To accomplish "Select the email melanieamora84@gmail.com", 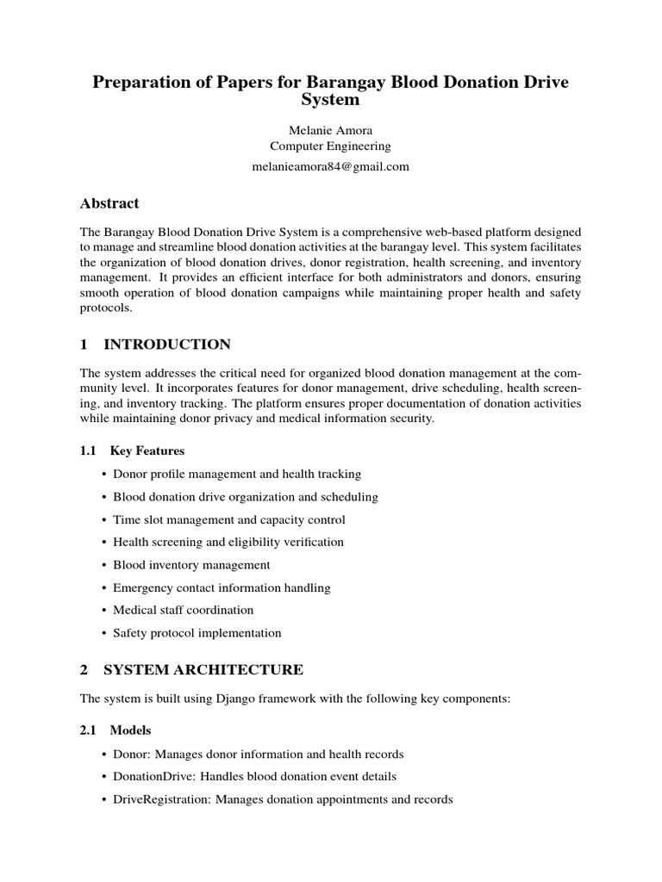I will tap(331, 166).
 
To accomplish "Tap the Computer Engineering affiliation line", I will tap(331, 146).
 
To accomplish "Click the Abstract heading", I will tap(109, 204).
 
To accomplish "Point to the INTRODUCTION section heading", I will tap(166, 345).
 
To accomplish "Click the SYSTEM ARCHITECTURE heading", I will tap(203, 669).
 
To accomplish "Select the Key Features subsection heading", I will tap(147, 450).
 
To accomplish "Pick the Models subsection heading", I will tap(130, 730).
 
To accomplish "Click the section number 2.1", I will tap(88, 730).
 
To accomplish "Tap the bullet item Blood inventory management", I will tap(191, 565).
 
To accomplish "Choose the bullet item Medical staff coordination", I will tap(183, 610).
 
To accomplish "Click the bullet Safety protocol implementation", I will tap(197, 633).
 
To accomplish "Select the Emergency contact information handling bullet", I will tap(222, 587).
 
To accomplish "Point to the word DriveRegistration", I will tap(160, 799).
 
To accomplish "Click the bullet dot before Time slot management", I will tap(104, 520).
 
